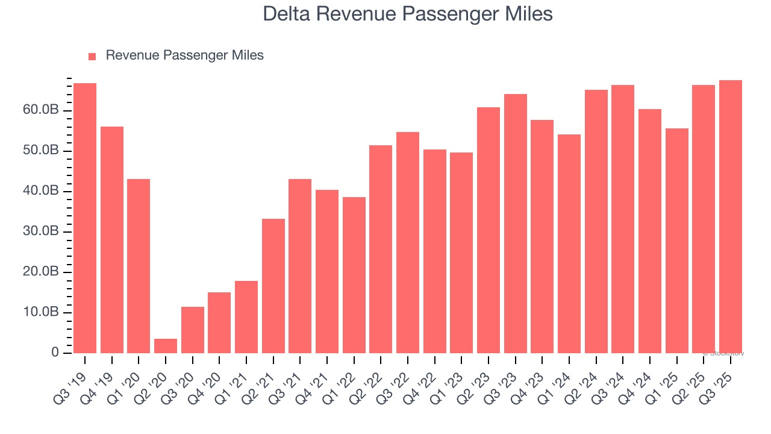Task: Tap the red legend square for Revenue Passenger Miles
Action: coord(92,56)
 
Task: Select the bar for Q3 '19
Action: coord(85,218)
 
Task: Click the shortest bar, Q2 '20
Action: coord(166,346)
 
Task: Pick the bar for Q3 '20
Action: coord(193,330)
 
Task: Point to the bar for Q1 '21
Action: coord(246,317)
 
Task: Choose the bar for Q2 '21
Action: coord(273,286)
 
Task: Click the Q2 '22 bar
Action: coord(381,249)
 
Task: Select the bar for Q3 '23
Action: coord(516,224)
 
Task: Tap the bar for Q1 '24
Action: coord(569,244)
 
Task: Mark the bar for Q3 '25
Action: coord(731,216)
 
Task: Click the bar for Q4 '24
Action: coord(650,231)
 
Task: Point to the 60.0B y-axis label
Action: coord(41,110)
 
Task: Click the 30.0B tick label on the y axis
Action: coord(41,231)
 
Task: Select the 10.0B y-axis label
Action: coord(41,312)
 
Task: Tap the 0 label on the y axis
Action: coord(54,353)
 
